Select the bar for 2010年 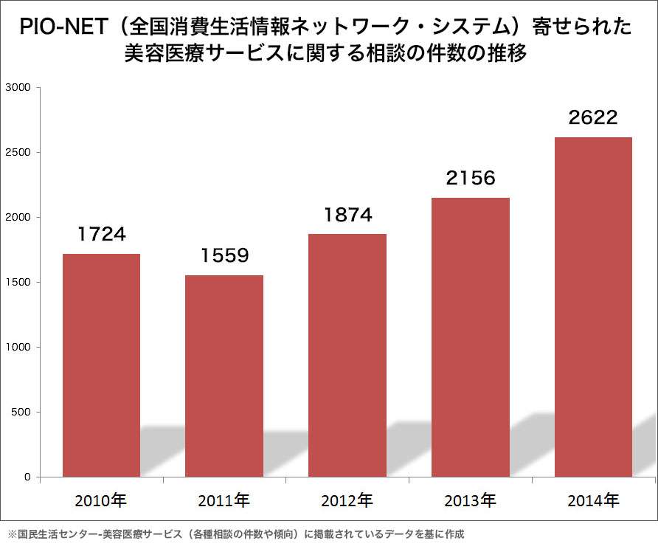(x=101, y=365)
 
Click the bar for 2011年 (x=224, y=376)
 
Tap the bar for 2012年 (x=347, y=355)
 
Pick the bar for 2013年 (x=471, y=337)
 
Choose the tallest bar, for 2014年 (x=593, y=307)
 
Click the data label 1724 (x=102, y=235)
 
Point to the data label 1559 (x=224, y=256)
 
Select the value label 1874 (x=347, y=215)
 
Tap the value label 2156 (x=471, y=179)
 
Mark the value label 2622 (x=593, y=118)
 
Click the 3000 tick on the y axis (x=17, y=88)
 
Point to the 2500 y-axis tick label (x=17, y=153)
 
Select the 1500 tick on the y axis (x=17, y=283)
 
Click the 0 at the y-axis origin (x=27, y=477)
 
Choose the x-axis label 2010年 (x=101, y=500)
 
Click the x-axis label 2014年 (x=593, y=500)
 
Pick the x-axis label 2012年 (x=347, y=500)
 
